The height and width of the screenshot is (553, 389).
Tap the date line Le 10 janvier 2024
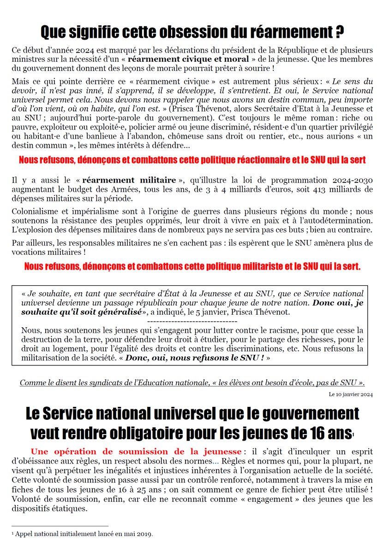tap(351, 394)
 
